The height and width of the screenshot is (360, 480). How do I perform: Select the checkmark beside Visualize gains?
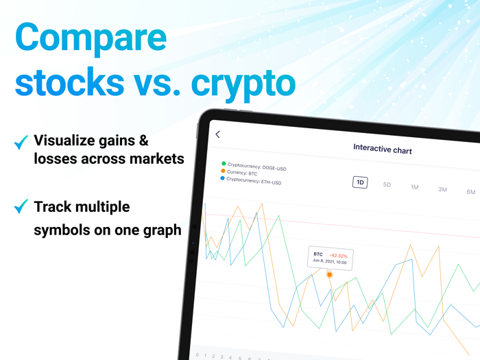click(x=21, y=142)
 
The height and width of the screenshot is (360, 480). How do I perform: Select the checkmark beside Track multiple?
click(x=21, y=206)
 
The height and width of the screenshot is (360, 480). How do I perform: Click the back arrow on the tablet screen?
click(x=218, y=134)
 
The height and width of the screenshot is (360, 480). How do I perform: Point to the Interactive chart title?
click(x=383, y=148)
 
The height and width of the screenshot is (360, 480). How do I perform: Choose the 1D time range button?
click(x=360, y=182)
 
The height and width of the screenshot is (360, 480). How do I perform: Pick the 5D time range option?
click(x=387, y=184)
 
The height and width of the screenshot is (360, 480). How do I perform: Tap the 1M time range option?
click(x=414, y=187)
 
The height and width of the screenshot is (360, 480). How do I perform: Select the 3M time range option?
click(x=442, y=189)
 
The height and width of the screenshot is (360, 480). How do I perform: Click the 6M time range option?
click(x=470, y=192)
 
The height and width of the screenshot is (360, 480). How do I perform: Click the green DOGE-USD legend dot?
click(x=224, y=163)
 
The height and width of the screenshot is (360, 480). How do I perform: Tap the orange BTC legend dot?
click(x=223, y=171)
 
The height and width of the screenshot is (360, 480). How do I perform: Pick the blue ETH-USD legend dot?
click(x=222, y=178)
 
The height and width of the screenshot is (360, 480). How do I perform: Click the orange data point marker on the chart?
click(x=329, y=275)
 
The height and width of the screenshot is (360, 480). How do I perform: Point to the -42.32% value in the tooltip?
click(x=339, y=256)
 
